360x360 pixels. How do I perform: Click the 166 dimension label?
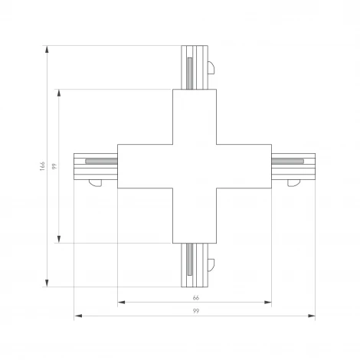point(42,166)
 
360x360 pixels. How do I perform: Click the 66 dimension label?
point(195,297)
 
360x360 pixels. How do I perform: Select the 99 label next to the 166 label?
point(54,166)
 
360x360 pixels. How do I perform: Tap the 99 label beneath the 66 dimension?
point(195,311)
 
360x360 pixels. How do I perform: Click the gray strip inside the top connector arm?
point(188,73)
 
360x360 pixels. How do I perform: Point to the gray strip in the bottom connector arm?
point(188,260)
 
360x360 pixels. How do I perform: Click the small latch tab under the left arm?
point(95,182)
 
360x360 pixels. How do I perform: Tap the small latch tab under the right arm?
point(292,182)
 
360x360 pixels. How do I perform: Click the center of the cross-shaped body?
point(195,166)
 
